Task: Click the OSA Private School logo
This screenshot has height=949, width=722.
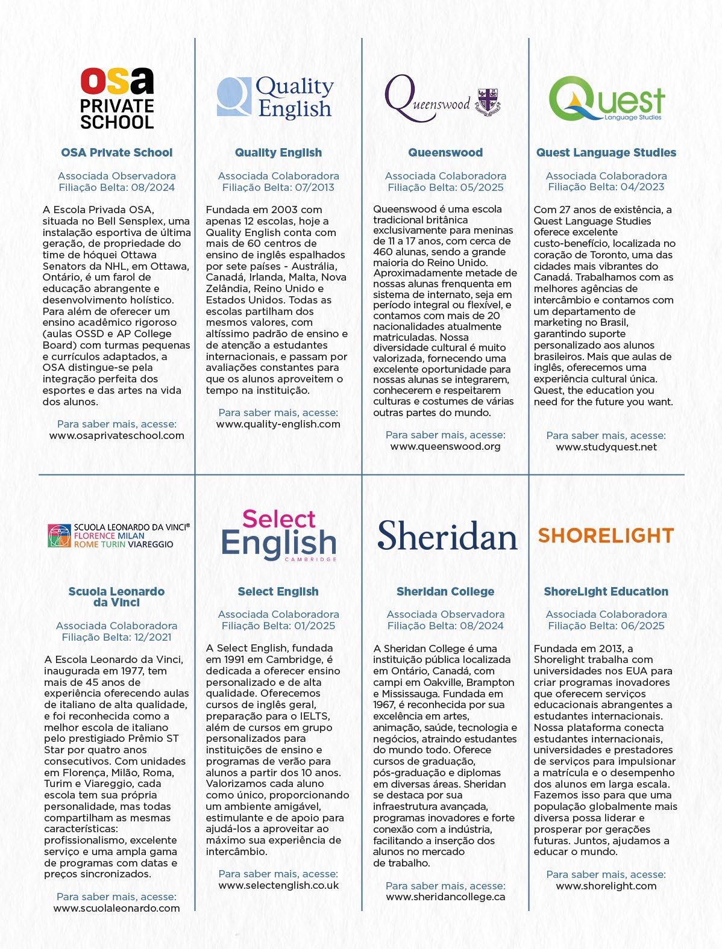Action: tap(117, 98)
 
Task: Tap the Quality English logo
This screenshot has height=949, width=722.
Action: tap(275, 97)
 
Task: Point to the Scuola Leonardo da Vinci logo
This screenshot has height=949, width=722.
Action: tap(119, 535)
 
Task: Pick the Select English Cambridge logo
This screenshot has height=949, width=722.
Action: tap(278, 536)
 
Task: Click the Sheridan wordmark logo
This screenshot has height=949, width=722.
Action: tap(447, 535)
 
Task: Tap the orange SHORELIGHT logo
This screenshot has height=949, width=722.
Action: tap(605, 535)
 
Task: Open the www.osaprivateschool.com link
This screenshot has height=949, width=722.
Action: tap(117, 435)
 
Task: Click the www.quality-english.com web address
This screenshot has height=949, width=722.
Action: tap(278, 424)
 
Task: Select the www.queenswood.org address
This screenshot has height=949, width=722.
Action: tap(445, 446)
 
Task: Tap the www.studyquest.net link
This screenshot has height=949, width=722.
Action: tap(606, 447)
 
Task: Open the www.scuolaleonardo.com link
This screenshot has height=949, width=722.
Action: tap(116, 908)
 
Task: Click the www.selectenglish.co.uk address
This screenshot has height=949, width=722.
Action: tap(278, 885)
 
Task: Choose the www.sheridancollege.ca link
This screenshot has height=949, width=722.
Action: tap(445, 897)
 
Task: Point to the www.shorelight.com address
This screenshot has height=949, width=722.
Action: tap(606, 886)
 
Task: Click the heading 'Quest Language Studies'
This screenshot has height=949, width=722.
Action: tap(606, 153)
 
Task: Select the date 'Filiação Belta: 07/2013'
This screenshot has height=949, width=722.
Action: tap(278, 187)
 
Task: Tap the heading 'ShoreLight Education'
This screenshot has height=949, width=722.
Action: tap(606, 592)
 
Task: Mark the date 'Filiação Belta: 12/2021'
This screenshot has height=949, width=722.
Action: tap(116, 637)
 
